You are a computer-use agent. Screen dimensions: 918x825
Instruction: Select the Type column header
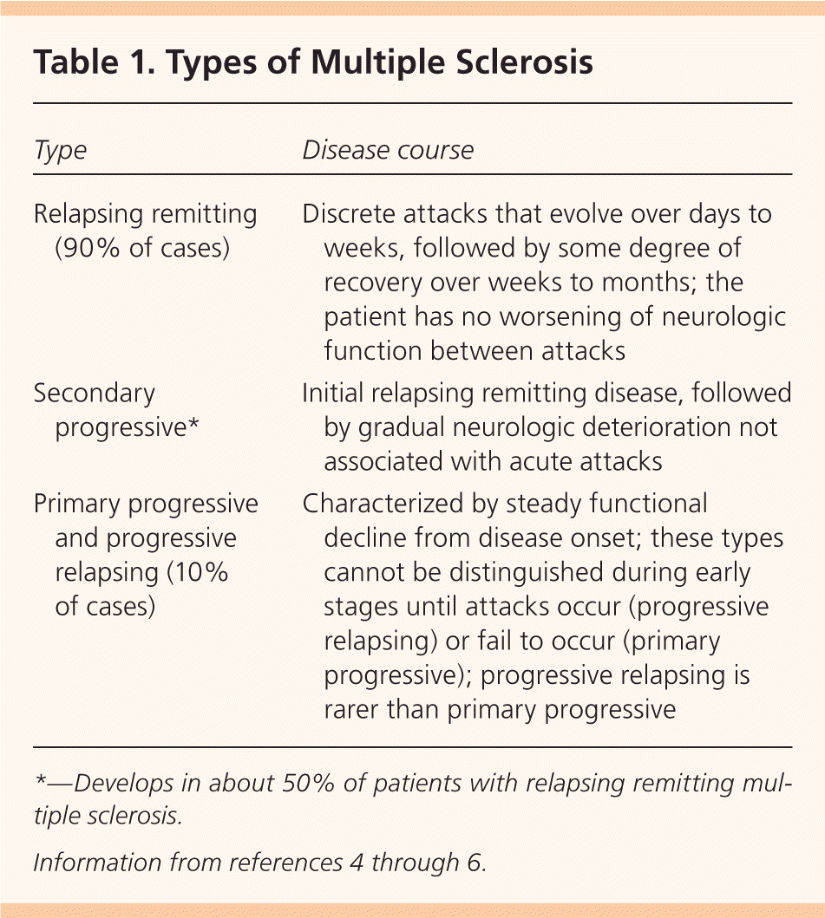[60, 150]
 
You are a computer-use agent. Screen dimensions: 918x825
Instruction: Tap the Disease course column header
[388, 150]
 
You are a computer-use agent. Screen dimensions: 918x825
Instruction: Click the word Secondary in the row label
[94, 394]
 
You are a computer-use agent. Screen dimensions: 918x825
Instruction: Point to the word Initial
[332, 394]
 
